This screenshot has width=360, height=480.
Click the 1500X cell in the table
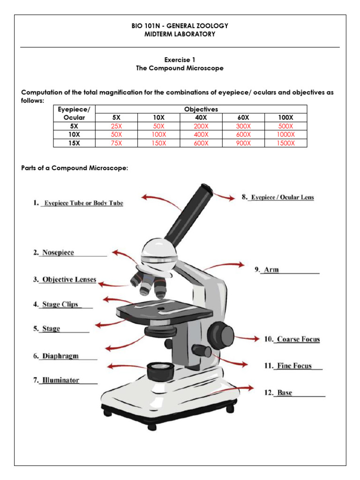[285, 143]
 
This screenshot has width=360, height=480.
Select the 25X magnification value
[116, 127]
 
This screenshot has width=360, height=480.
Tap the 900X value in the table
[243, 143]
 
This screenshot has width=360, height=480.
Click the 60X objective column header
[243, 118]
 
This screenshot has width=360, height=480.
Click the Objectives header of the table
[201, 109]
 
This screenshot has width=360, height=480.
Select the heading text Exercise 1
[180, 60]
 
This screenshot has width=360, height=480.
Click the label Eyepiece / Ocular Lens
[282, 197]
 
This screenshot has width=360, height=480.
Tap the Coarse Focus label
[298, 339]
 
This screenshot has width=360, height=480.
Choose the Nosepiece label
[58, 253]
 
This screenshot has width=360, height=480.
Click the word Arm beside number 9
[271, 270]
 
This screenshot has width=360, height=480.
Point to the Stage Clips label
[60, 304]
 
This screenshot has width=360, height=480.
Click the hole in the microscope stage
[161, 309]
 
